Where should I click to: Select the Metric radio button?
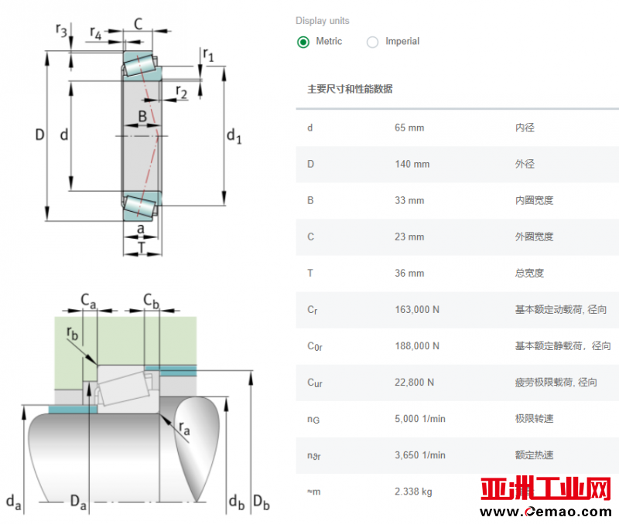coord(303,42)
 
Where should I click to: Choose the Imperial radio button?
coord(372,42)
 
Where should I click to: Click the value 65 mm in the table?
coord(409,128)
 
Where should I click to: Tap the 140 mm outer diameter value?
coord(412,164)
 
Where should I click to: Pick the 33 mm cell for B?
coord(409,200)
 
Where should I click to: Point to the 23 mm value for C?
coord(409,236)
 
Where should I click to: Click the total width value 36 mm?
coord(409,273)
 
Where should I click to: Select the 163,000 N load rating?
coord(417,309)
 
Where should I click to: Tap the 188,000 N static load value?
coord(417,345)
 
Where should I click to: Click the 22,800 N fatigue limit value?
coord(415,382)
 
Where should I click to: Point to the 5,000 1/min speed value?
coord(420,419)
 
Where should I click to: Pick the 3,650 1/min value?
coord(420,455)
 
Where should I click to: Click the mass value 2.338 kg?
coord(413,492)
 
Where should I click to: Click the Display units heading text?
coord(323,21)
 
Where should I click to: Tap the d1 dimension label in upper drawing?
coord(234,135)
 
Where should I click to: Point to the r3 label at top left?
coord(61,30)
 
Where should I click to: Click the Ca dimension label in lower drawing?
coord(88,301)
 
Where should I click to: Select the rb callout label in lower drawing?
coord(72,333)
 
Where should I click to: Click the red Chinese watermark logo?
coord(545,488)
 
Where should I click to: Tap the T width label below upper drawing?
coord(142,247)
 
